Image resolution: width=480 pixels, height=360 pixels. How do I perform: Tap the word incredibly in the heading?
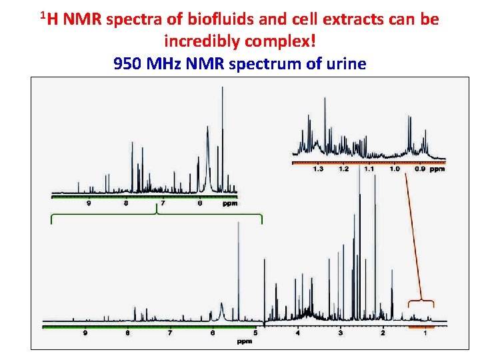(x=201, y=41)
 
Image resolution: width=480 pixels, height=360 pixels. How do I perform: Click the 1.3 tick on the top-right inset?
(x=318, y=169)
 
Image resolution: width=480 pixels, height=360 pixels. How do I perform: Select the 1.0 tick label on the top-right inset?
(x=394, y=169)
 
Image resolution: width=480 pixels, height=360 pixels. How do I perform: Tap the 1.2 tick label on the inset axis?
(x=343, y=169)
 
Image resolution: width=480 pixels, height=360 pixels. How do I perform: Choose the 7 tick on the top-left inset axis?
(x=163, y=203)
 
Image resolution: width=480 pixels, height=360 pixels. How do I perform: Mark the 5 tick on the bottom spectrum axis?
(x=255, y=332)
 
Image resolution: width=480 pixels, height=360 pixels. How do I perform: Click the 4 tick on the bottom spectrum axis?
(x=298, y=332)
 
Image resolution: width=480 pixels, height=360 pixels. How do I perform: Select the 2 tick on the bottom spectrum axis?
(x=383, y=332)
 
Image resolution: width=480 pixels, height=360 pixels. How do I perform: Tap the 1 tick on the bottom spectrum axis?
(x=425, y=332)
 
